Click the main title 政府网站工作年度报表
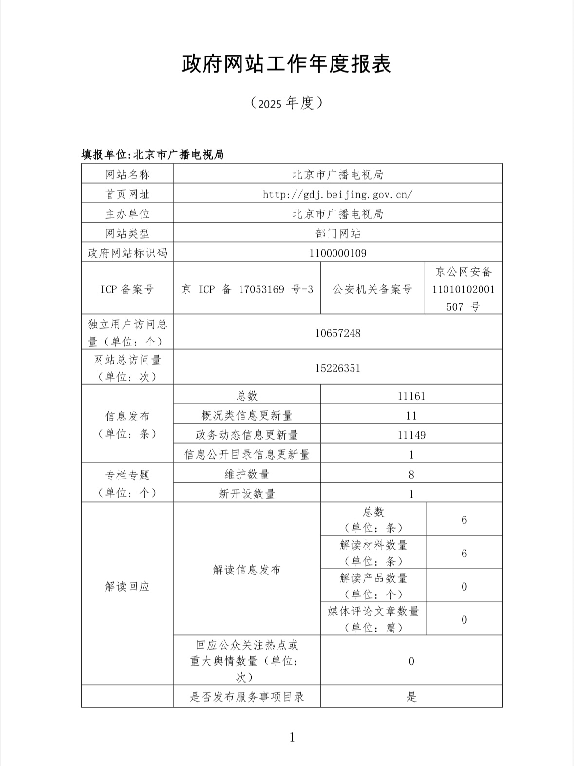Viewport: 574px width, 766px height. click(x=287, y=64)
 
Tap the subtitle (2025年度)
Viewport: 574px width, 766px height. click(x=287, y=103)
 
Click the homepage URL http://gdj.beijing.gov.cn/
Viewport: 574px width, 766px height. click(x=337, y=194)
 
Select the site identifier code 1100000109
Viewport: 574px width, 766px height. click(x=337, y=253)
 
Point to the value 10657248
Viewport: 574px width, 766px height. click(x=337, y=333)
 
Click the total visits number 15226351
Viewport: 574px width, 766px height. click(x=337, y=368)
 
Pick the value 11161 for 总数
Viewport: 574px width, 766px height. click(x=411, y=396)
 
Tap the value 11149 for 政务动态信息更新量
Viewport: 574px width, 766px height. click(x=411, y=435)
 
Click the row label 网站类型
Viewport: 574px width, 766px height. click(x=127, y=234)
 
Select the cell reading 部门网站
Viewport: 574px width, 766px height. click(x=337, y=234)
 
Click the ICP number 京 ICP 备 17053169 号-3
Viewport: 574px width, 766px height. click(x=247, y=289)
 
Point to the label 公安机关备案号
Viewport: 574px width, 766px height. click(x=372, y=289)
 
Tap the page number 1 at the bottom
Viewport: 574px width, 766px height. click(x=292, y=737)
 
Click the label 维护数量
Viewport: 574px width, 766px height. click(x=247, y=475)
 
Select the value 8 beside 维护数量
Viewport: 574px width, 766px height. click(x=411, y=475)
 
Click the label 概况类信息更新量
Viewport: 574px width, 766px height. click(x=247, y=416)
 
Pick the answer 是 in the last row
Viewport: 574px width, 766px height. click(x=411, y=697)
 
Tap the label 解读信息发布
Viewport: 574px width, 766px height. click(x=247, y=570)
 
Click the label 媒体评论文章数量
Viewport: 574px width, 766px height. click(x=373, y=612)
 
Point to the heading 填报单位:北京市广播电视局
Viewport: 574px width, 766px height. click(x=152, y=155)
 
